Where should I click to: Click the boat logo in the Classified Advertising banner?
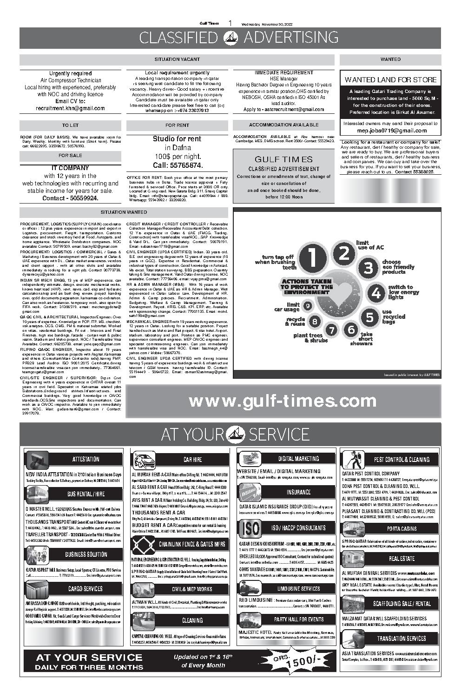coord(230,38)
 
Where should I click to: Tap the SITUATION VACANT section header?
coord(177,59)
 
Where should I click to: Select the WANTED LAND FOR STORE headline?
coord(390,79)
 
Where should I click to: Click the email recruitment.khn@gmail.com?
coord(71,108)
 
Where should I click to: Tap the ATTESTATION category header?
coord(86,459)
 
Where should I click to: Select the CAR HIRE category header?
coord(192,459)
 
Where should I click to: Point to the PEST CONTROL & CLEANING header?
coord(402,459)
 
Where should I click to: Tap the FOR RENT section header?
coord(177,125)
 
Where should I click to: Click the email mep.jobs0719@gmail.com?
coord(390,131)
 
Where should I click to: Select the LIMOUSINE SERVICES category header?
coord(298,588)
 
